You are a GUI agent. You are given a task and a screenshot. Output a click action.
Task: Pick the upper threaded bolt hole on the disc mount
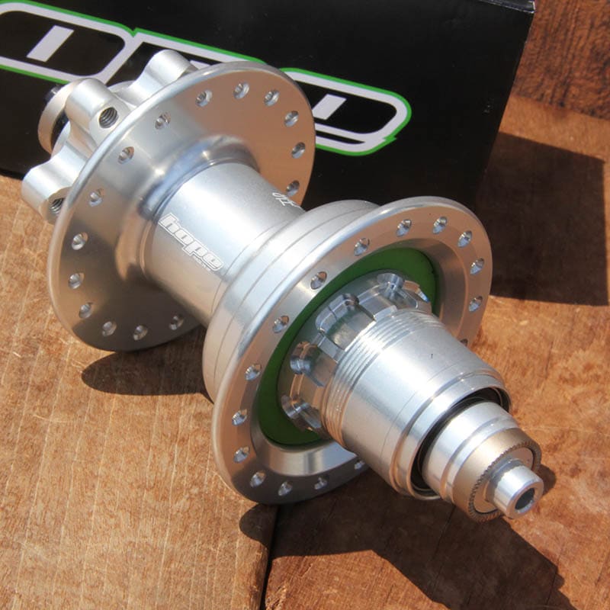click(109, 117)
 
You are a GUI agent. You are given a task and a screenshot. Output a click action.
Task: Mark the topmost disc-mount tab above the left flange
click(164, 65)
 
